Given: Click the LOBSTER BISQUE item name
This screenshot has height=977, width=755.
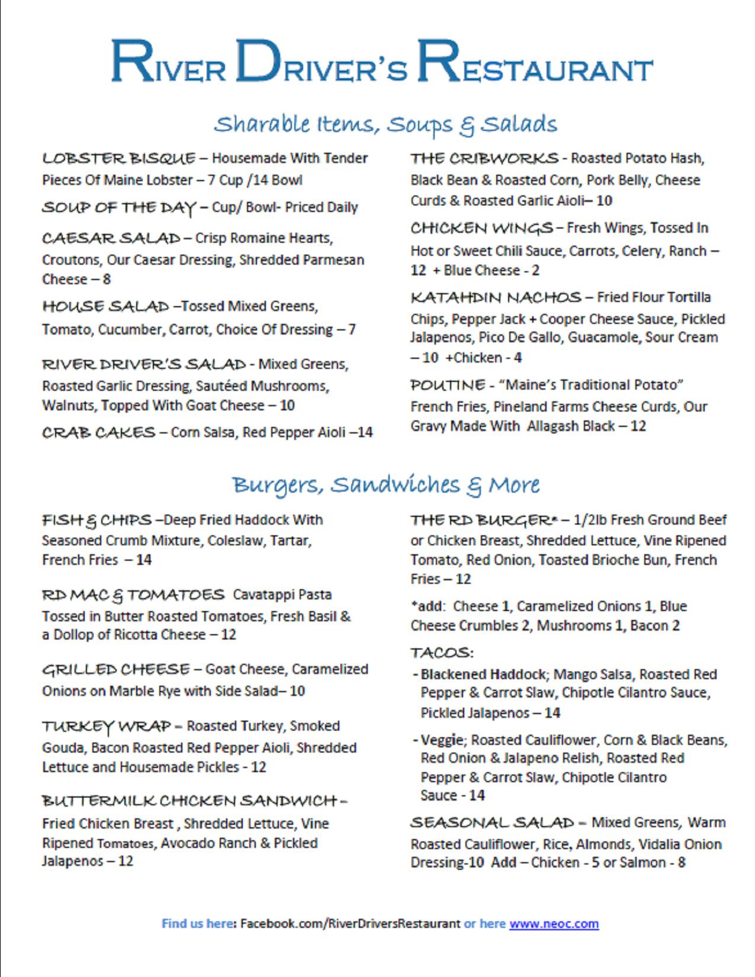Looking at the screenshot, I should click(x=118, y=159).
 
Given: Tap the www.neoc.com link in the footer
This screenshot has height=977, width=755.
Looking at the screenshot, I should click(x=554, y=924).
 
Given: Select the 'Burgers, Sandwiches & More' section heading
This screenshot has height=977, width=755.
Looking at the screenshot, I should click(x=385, y=485).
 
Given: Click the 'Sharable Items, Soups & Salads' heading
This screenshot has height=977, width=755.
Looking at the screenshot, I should click(x=385, y=124).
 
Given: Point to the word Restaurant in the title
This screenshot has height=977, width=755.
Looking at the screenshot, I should click(x=535, y=62).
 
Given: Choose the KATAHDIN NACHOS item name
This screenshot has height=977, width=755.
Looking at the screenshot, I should click(x=496, y=297).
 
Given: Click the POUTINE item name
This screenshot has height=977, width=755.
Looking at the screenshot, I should click(x=448, y=385).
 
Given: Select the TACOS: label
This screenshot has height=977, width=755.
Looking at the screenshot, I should click(x=442, y=653).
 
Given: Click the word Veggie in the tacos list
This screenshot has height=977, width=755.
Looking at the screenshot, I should click(x=442, y=740).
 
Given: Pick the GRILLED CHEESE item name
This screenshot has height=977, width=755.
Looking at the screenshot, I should click(x=115, y=670).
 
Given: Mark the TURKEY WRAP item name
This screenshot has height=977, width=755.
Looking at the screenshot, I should click(x=106, y=727).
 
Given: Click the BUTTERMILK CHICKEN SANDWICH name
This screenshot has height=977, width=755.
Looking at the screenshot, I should click(x=189, y=801).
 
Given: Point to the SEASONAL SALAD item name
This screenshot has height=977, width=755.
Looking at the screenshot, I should click(x=492, y=823).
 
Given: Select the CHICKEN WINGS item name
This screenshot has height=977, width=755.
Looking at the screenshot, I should click(x=481, y=229).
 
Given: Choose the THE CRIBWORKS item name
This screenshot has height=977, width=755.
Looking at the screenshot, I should click(x=484, y=159).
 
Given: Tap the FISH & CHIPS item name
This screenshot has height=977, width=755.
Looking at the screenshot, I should click(x=97, y=520).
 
